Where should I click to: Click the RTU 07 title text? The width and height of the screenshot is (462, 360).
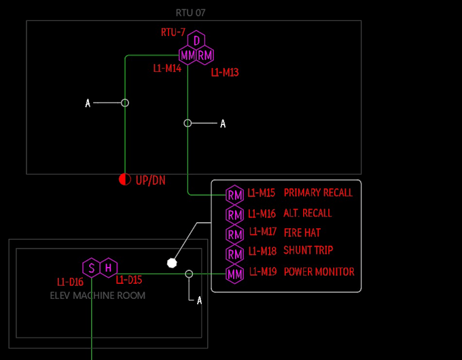point(190,13)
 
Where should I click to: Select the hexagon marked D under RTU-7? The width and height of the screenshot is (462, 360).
point(196,40)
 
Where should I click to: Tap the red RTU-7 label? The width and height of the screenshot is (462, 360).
point(173,32)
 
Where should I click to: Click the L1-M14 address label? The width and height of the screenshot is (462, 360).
point(167,68)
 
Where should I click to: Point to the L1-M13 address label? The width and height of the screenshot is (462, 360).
point(225,72)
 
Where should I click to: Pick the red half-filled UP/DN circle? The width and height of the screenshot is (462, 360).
point(124,180)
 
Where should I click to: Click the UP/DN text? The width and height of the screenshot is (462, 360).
point(150,181)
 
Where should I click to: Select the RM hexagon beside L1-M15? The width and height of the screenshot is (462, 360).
point(234,195)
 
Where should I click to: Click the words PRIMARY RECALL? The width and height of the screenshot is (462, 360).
point(318,193)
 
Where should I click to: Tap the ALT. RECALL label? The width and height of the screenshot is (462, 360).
point(308,213)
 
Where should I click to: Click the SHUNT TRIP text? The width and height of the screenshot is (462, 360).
point(308,251)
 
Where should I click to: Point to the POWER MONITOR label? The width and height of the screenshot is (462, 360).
point(319,272)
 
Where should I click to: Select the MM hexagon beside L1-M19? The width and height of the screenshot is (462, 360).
point(234,274)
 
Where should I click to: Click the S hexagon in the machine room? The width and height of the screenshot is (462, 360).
point(91,268)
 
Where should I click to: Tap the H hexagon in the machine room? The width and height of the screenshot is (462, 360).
point(108,268)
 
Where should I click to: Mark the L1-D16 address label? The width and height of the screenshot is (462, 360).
point(70,282)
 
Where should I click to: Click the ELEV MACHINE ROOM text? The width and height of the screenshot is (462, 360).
point(98,295)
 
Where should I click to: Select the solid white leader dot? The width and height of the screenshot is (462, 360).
point(172,262)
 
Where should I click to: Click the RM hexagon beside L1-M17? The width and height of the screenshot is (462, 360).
point(234,235)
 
